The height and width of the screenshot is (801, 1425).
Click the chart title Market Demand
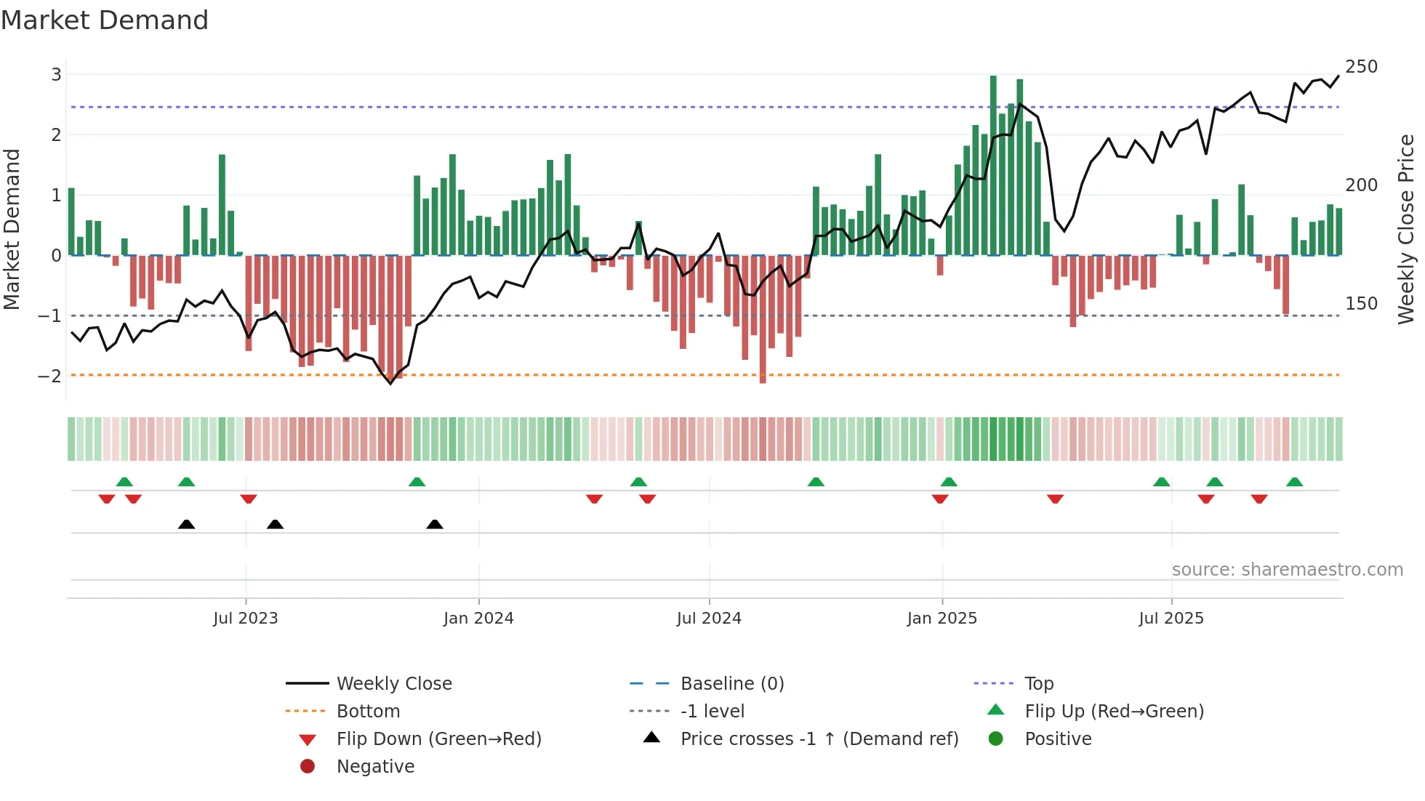105,20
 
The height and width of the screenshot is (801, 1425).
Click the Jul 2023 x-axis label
245,619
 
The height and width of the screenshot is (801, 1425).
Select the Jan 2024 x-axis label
478,619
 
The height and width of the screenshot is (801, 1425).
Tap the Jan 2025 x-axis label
942,619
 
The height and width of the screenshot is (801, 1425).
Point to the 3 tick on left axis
56,74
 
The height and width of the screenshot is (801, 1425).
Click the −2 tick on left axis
49,376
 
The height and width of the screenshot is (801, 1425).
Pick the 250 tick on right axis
1361,67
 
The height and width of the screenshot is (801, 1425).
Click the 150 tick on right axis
1361,304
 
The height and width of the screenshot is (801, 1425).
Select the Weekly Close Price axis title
1406,229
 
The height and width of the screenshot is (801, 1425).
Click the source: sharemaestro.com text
1287,570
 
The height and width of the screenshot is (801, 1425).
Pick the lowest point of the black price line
390,383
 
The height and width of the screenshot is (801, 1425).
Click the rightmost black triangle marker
435,525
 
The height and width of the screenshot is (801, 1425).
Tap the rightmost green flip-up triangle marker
1294,482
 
